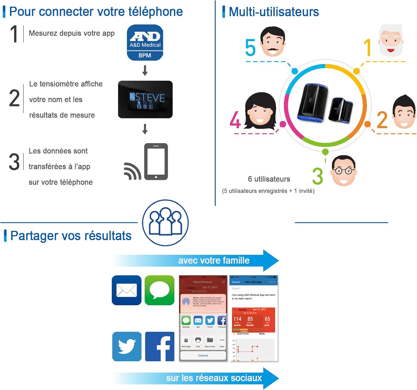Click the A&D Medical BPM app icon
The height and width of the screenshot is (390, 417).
145,43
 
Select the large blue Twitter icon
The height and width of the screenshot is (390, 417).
127,346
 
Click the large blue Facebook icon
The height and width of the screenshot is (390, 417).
160,346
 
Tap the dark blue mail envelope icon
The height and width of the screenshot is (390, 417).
126,290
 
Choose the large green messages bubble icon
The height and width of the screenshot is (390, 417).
159,290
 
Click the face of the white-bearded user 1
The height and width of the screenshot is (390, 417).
391,40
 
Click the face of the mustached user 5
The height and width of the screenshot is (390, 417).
272,42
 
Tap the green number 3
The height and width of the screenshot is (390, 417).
318,176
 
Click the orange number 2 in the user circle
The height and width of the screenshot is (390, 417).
382,120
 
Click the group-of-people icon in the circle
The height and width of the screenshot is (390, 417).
165,222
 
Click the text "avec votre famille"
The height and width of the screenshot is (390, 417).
214,260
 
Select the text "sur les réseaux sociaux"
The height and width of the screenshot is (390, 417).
214,378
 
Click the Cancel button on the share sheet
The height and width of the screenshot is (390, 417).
203,356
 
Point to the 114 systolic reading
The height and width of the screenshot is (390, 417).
237,319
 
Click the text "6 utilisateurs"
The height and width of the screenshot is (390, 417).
269,179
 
